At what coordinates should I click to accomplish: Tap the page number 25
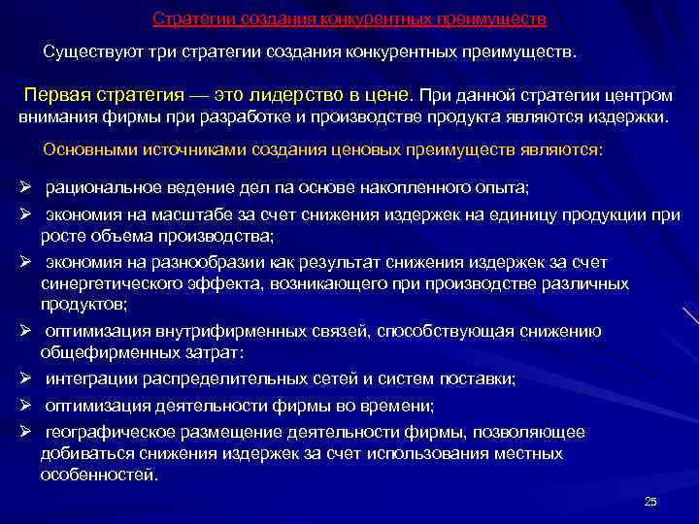(650, 501)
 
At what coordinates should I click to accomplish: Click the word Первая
(59, 97)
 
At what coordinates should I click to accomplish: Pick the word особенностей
(97, 475)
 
